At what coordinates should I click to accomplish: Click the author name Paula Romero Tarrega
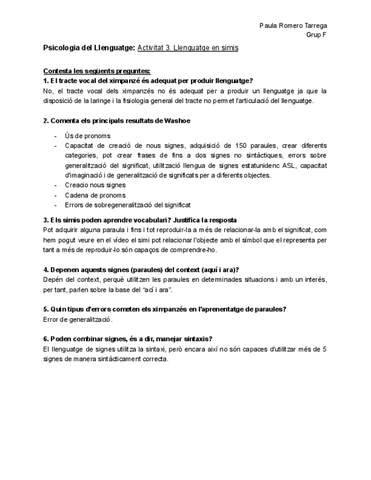click(x=293, y=25)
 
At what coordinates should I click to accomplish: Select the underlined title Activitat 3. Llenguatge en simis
click(x=187, y=48)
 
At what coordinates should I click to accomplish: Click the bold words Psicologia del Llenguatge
click(x=89, y=48)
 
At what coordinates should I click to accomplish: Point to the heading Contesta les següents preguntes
click(x=97, y=71)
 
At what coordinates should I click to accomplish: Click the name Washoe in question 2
click(x=177, y=121)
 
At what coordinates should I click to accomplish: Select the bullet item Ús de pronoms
click(x=87, y=136)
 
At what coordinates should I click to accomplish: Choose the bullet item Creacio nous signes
click(x=95, y=185)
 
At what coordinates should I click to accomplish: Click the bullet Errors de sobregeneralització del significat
click(x=127, y=205)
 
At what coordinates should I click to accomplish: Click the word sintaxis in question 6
click(x=194, y=339)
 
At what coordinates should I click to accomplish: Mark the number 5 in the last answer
click(x=325, y=349)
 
